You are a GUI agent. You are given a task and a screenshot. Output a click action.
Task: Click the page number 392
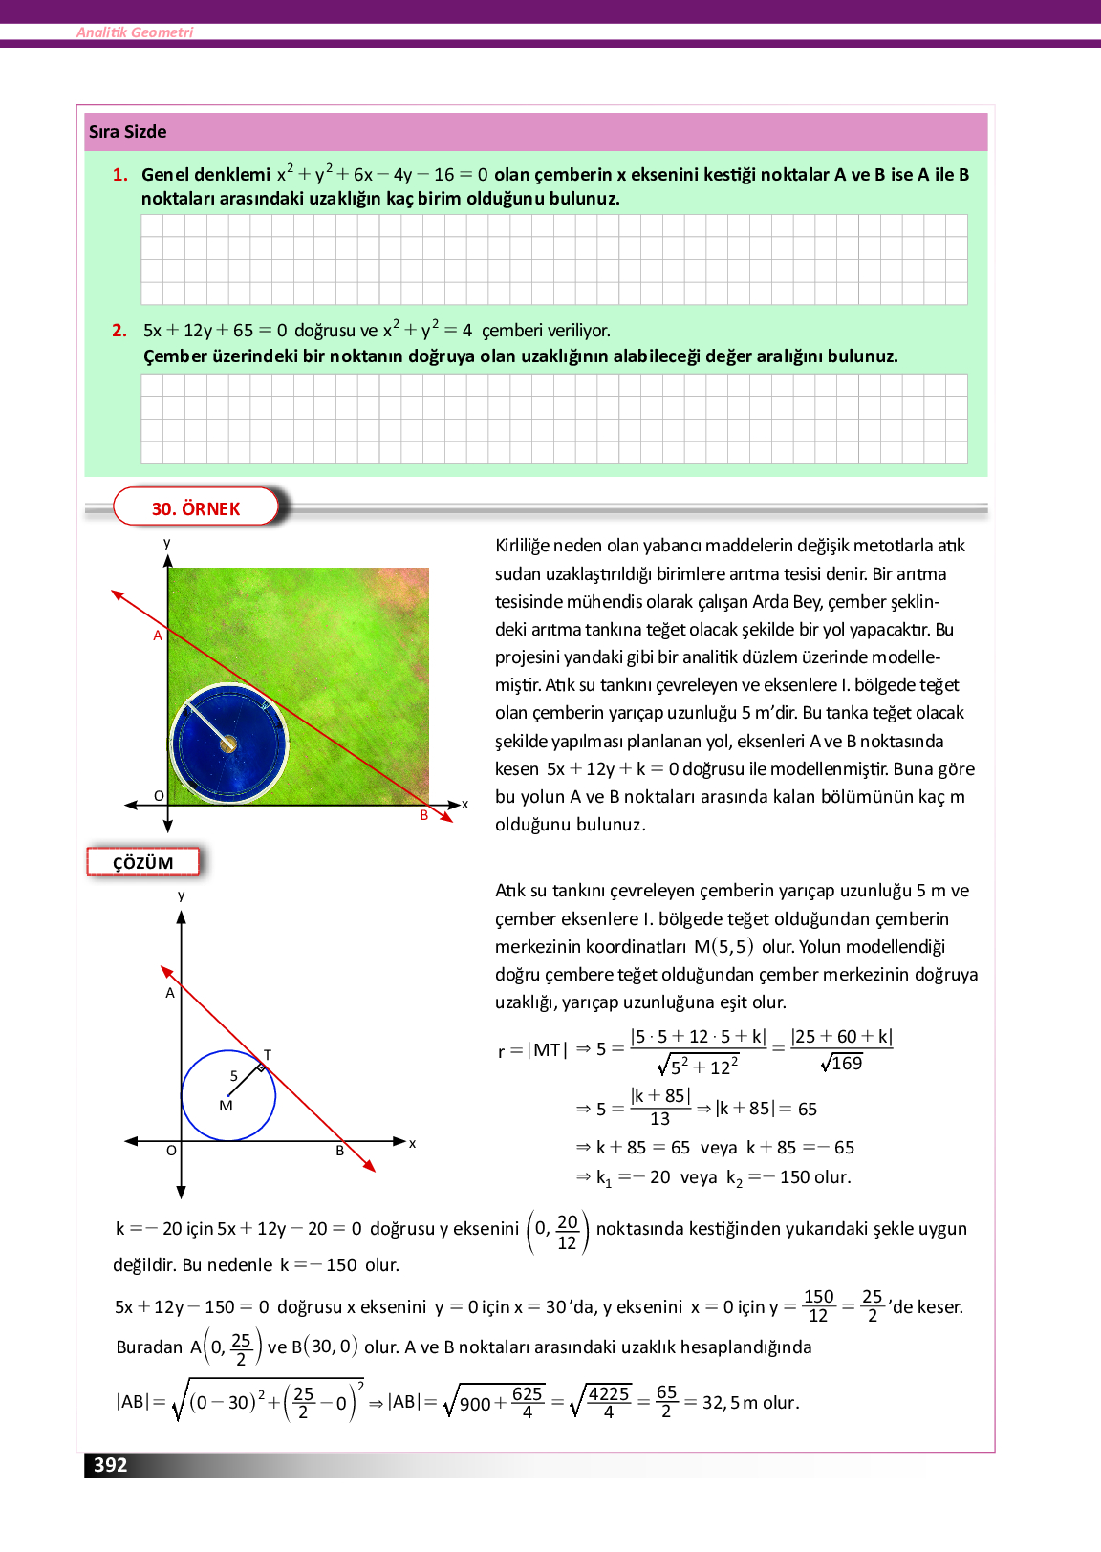pyautogui.click(x=110, y=1465)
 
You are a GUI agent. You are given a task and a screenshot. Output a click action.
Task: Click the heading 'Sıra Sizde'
pyautogui.click(x=127, y=132)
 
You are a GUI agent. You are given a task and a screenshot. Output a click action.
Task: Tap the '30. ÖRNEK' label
pyautogui.click(x=196, y=508)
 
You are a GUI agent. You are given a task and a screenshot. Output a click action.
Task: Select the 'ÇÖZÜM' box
pyautogui.click(x=143, y=863)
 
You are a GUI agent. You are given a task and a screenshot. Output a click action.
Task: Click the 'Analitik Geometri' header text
pyautogui.click(x=135, y=32)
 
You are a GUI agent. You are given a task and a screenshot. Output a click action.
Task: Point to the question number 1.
pyautogui.click(x=119, y=175)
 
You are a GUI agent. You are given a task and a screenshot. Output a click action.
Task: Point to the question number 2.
pyautogui.click(x=119, y=331)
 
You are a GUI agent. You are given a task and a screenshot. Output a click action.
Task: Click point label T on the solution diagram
pyautogui.click(x=268, y=1055)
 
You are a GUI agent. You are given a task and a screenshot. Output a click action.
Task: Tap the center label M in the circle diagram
pyautogui.click(x=226, y=1106)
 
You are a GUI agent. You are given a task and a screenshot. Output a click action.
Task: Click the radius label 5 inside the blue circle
pyautogui.click(x=233, y=1076)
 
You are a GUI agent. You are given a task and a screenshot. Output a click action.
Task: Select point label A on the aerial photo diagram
pyautogui.click(x=158, y=636)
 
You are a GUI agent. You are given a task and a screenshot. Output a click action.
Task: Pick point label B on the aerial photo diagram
pyautogui.click(x=424, y=815)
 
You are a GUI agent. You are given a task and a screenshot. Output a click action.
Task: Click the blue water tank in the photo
pyautogui.click(x=228, y=743)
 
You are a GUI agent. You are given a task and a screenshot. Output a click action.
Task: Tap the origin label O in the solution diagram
pyautogui.click(x=171, y=1151)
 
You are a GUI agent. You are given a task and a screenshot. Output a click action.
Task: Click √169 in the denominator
pyautogui.click(x=842, y=1064)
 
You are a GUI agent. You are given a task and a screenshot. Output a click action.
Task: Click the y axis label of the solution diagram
pyautogui.click(x=181, y=895)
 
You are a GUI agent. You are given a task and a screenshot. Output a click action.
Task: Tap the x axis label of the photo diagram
pyautogui.click(x=465, y=805)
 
